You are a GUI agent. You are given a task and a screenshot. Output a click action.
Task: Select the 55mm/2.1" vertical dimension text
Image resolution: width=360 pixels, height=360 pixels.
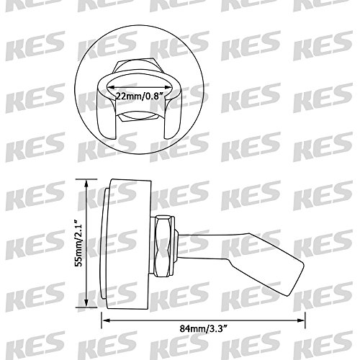click(x=79, y=242)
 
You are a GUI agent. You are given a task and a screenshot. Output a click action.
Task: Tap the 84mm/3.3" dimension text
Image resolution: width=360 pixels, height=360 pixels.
click(x=203, y=328)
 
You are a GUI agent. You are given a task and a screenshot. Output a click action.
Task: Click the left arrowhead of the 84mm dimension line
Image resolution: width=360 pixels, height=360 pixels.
click(x=106, y=320)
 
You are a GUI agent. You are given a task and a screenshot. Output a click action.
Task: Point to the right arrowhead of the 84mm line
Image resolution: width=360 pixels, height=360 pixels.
click(x=301, y=320)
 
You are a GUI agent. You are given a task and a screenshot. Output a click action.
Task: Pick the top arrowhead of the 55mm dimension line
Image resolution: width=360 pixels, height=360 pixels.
click(x=86, y=183)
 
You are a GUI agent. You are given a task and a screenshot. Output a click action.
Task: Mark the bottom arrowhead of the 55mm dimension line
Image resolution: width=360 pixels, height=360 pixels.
click(x=86, y=303)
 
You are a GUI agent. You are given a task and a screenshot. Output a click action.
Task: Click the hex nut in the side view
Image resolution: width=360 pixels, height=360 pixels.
click(x=164, y=246)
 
